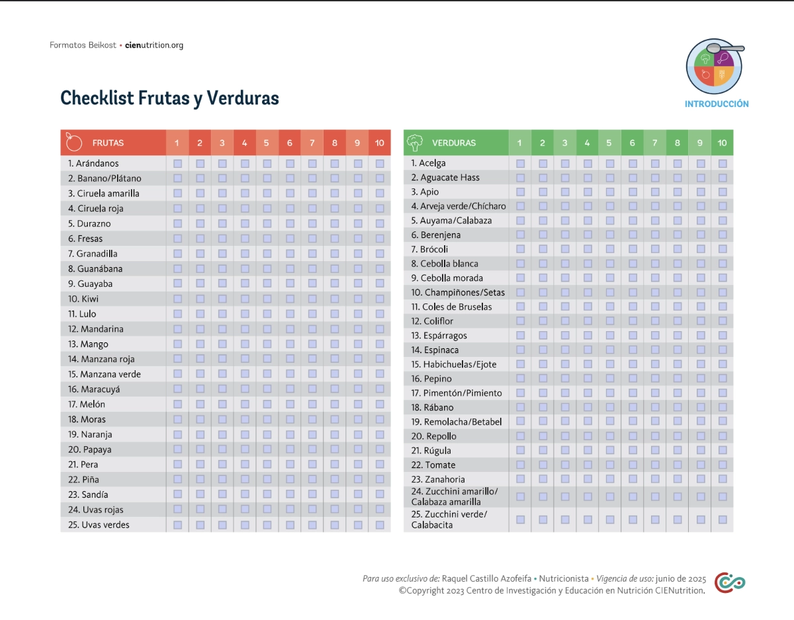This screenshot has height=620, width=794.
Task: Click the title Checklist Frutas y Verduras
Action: tap(169, 98)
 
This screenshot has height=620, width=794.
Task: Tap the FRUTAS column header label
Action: tap(108, 143)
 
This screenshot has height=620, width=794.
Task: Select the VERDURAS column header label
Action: tap(453, 143)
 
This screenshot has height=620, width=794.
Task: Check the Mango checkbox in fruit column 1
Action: tap(177, 344)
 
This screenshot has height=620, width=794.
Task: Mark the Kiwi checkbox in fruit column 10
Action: tap(380, 298)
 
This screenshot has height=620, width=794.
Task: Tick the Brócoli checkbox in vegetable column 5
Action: tap(610, 249)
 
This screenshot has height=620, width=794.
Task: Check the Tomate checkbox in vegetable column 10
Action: tap(723, 465)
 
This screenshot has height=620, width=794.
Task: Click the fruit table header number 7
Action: tap(312, 143)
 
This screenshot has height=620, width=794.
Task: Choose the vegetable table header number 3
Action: tap(565, 143)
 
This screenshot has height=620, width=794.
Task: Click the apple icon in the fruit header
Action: tap(73, 142)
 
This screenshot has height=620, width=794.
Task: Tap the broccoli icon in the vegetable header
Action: tap(416, 142)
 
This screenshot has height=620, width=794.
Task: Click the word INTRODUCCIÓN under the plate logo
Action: tap(717, 104)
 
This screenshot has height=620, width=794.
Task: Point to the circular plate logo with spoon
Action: tap(715, 66)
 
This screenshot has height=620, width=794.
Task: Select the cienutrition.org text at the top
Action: tap(154, 46)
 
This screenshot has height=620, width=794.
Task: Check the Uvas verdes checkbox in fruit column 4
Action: tap(245, 525)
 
